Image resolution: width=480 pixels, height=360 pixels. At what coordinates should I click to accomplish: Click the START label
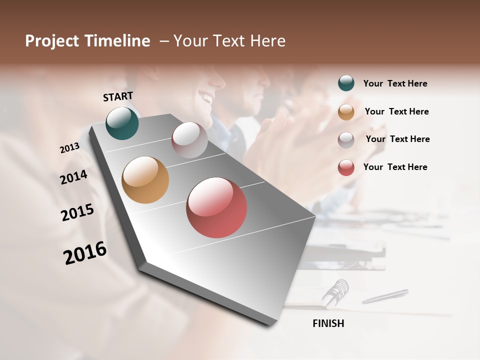(118, 96)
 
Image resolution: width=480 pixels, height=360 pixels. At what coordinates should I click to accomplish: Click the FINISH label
(328, 323)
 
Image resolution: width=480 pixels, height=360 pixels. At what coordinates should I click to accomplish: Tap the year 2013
(69, 148)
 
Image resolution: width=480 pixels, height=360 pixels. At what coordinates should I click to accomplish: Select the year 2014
(73, 177)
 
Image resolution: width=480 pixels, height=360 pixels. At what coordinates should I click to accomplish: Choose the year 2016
(85, 253)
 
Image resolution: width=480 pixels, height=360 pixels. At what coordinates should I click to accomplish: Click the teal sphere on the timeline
(122, 123)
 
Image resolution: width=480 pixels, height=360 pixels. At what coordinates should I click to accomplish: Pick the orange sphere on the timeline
(145, 180)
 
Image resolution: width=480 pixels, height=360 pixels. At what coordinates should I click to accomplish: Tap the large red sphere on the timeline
(216, 207)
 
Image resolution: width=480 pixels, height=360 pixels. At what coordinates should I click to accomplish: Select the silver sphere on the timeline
(189, 140)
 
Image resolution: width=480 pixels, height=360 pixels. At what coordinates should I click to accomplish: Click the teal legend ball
(346, 83)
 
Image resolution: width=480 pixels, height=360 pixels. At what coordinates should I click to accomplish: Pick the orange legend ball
(346, 111)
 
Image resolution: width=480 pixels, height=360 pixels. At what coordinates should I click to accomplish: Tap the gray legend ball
(346, 139)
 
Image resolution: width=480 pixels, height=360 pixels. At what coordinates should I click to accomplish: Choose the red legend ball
(346, 167)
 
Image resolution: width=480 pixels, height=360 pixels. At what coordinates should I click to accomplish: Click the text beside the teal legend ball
(395, 83)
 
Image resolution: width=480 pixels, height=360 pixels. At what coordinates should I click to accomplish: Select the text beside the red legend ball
(395, 167)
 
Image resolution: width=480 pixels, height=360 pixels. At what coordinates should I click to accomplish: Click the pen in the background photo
(385, 296)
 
